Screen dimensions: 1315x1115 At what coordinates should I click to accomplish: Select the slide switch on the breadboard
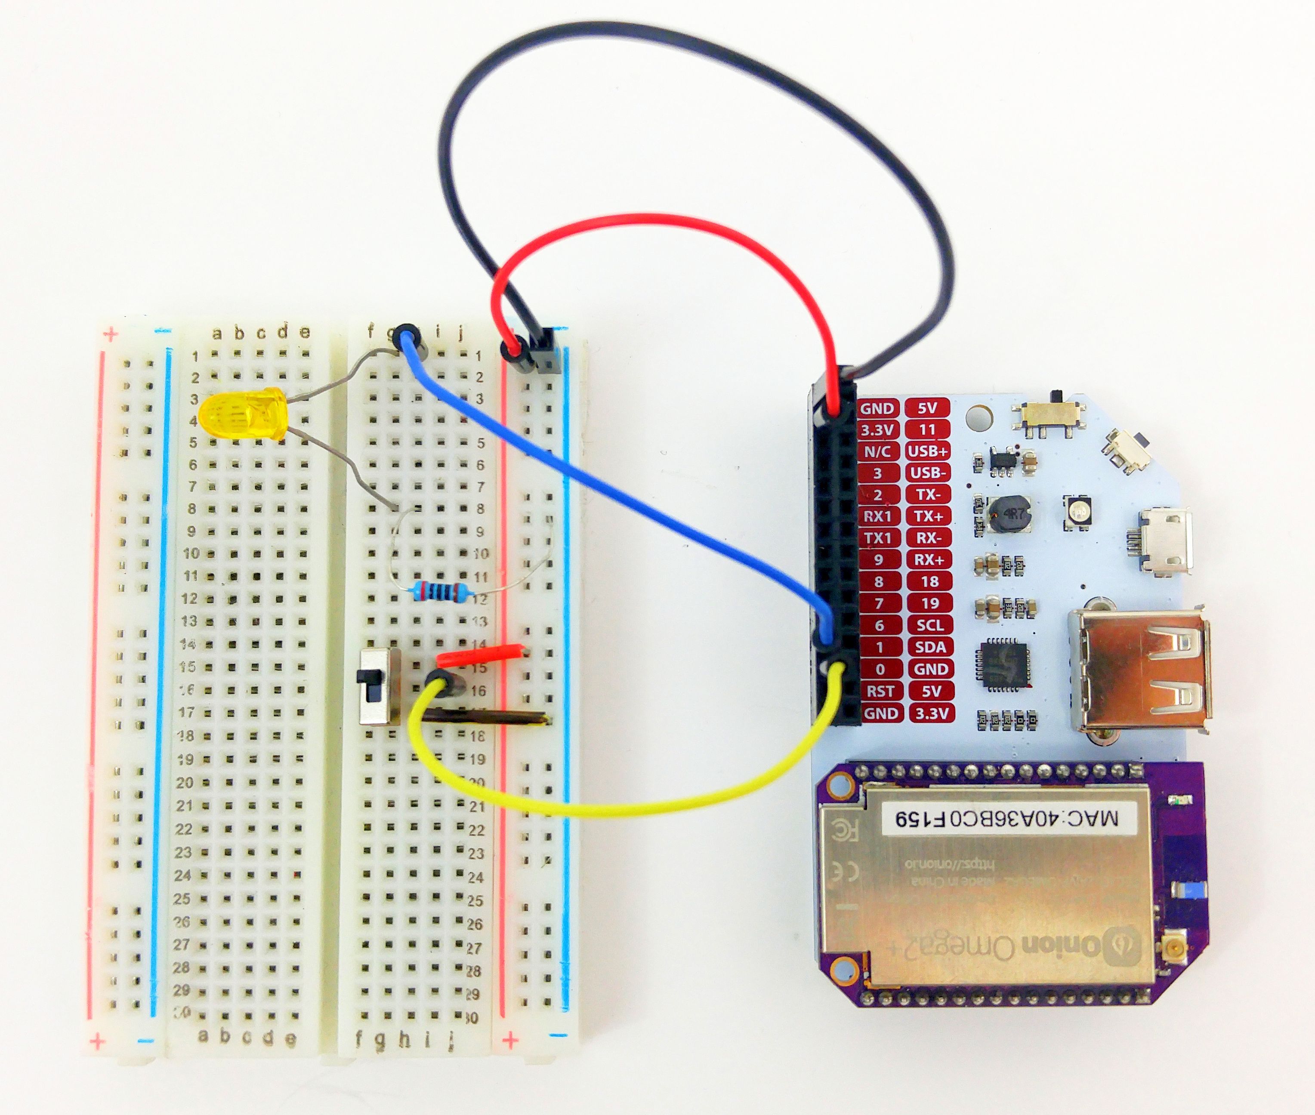(x=379, y=686)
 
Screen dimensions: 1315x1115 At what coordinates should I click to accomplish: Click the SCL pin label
(x=929, y=625)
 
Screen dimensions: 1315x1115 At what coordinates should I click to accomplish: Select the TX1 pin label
(x=878, y=538)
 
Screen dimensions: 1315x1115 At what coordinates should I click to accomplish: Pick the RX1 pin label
(x=878, y=516)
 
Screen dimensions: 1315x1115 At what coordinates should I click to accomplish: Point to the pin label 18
(x=929, y=581)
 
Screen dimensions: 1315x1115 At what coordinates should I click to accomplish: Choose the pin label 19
(x=929, y=604)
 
